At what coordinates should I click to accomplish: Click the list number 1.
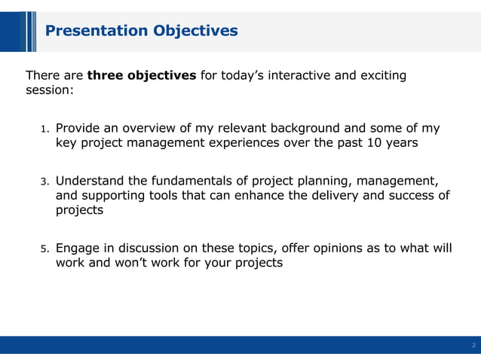[44, 129]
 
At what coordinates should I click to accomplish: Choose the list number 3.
[44, 182]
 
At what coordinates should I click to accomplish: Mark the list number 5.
[44, 249]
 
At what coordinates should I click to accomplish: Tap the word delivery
[328, 196]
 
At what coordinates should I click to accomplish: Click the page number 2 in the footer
[473, 346]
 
